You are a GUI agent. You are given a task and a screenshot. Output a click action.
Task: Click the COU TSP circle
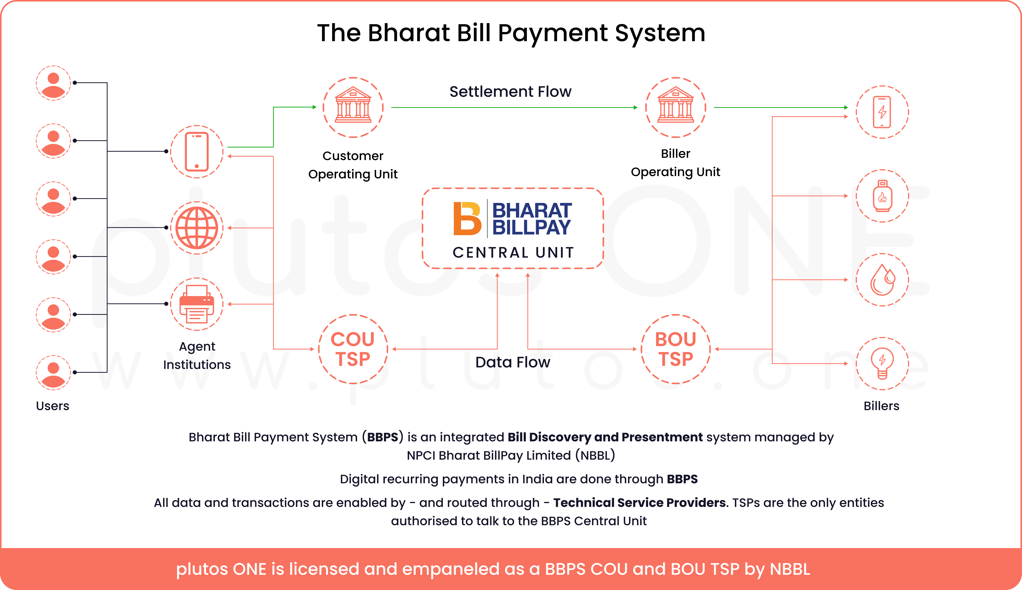coord(353,349)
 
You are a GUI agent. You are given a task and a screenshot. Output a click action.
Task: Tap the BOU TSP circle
coord(675,349)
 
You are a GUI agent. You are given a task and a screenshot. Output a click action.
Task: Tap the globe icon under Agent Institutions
coord(197,228)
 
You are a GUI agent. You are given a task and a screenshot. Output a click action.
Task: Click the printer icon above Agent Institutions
coord(197,304)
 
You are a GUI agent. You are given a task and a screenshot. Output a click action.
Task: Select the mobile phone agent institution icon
coord(197,152)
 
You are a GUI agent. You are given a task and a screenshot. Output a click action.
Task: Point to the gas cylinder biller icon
coord(882,196)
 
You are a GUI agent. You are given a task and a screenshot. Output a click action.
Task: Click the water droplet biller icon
coord(882,280)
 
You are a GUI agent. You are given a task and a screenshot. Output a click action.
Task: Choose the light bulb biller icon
coord(882,363)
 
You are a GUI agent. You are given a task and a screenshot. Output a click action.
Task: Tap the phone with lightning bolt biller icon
coord(882,112)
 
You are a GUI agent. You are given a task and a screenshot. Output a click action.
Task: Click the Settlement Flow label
coord(510,92)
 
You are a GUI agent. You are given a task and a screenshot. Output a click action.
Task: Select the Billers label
coord(881,406)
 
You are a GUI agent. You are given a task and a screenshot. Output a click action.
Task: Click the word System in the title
coord(660,33)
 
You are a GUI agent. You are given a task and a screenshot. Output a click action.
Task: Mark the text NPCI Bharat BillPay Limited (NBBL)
coord(511,455)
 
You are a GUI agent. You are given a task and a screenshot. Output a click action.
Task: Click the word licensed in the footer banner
coord(324,569)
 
